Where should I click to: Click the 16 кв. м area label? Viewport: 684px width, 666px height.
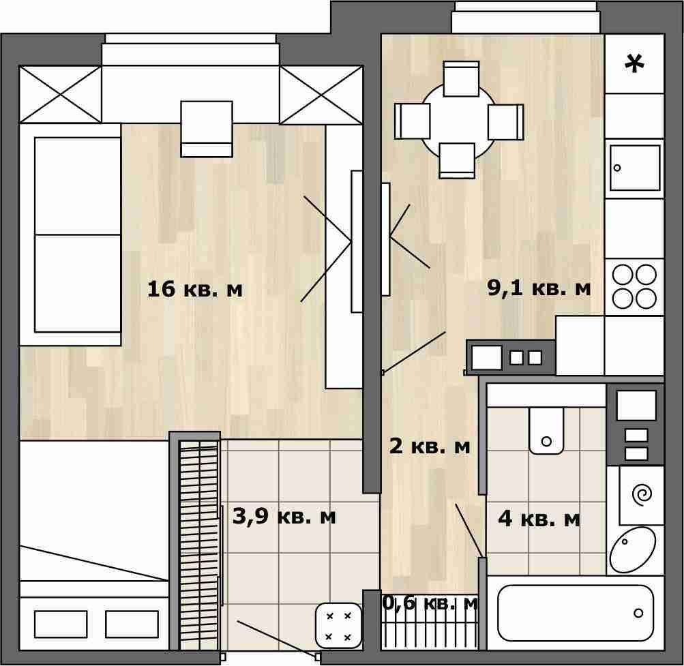click(194, 289)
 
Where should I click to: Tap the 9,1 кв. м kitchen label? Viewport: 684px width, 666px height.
click(539, 288)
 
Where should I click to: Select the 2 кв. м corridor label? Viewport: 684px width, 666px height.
click(429, 446)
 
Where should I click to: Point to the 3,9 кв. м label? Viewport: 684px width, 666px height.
click(284, 517)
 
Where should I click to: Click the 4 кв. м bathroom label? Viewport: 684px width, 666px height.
click(539, 519)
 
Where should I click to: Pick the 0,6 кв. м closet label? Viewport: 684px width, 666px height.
click(430, 603)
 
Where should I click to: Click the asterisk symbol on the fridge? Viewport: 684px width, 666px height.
click(634, 63)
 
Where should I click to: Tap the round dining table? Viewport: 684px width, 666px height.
click(458, 121)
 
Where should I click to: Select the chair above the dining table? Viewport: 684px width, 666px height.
click(461, 78)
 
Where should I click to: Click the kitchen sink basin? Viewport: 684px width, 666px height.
click(635, 168)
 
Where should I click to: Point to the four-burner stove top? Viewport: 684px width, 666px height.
click(634, 286)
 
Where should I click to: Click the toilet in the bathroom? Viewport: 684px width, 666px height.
click(546, 431)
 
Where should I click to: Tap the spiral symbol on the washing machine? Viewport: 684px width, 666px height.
click(642, 495)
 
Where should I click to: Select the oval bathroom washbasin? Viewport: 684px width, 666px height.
click(632, 549)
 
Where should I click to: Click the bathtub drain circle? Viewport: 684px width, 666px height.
click(638, 614)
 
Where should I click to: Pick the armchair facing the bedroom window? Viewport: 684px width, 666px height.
click(207, 129)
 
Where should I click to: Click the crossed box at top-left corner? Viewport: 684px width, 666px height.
click(60, 95)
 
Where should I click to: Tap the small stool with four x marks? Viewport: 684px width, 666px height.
click(338, 626)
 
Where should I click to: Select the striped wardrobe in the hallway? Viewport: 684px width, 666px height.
click(199, 545)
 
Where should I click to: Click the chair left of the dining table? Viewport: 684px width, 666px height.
click(412, 121)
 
